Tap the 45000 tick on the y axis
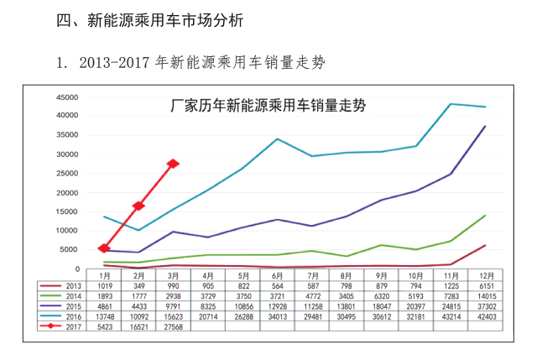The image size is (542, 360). pyautogui.click(x=68, y=97)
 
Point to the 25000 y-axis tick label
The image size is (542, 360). pyautogui.click(x=68, y=174)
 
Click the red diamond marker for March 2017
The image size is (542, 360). pyautogui.click(x=173, y=164)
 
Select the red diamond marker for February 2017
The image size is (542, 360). pyautogui.click(x=138, y=206)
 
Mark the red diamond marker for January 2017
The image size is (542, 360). pyautogui.click(x=104, y=248)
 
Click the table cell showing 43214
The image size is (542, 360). pyautogui.click(x=451, y=316)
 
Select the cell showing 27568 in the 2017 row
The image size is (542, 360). pyautogui.click(x=173, y=326)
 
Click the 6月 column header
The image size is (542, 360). pyautogui.click(x=278, y=275)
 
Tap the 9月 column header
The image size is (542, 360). pyautogui.click(x=382, y=275)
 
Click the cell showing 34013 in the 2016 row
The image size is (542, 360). pyautogui.click(x=278, y=316)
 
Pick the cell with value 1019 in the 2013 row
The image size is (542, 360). pyautogui.click(x=104, y=285)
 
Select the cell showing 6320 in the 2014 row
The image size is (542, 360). pyautogui.click(x=382, y=295)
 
